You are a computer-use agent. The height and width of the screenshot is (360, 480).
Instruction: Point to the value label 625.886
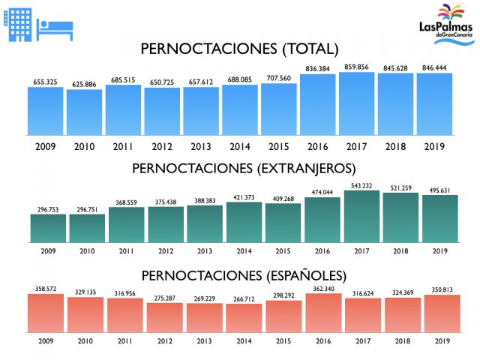84,84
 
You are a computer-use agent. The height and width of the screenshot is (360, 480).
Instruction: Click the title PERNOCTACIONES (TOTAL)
240,49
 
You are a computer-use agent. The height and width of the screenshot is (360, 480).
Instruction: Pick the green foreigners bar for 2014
244,222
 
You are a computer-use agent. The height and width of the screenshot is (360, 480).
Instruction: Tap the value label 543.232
357,185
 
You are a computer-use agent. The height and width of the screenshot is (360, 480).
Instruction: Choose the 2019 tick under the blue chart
435,145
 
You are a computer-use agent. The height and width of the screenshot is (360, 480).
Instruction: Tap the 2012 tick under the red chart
165,340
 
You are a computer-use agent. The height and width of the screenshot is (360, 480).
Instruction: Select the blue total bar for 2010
84,113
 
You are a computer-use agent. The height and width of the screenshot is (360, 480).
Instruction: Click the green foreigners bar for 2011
126,224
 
